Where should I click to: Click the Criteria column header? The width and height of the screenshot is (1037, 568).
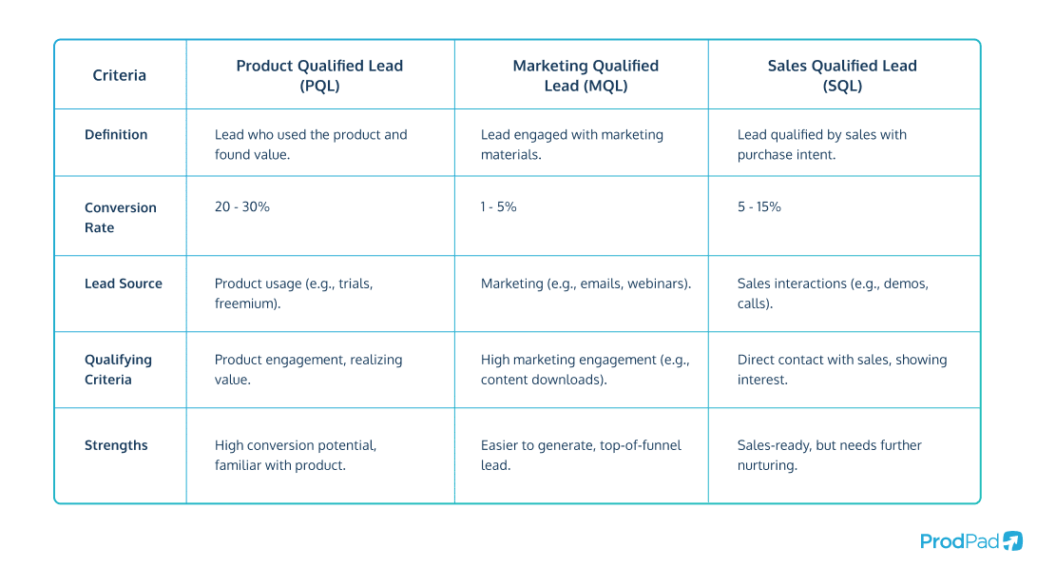119,75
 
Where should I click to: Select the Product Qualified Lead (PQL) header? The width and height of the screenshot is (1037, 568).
319,75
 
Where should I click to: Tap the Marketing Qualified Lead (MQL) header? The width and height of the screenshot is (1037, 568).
586,75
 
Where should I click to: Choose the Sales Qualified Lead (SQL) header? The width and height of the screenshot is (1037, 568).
842,75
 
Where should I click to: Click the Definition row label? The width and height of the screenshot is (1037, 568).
116,135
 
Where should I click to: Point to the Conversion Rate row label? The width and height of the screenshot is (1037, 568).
120,217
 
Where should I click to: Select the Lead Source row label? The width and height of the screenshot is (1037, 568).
124,284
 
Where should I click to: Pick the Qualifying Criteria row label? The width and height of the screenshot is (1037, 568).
118,369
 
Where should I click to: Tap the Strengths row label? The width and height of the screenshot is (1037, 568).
116,445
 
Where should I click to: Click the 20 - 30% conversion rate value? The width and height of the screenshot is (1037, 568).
242,206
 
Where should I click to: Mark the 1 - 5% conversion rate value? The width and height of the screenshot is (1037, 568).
499,206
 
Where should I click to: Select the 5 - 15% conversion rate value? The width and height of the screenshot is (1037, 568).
759,206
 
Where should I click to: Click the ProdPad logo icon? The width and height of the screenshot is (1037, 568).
1013,540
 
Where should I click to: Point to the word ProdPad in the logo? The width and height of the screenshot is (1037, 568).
959,541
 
